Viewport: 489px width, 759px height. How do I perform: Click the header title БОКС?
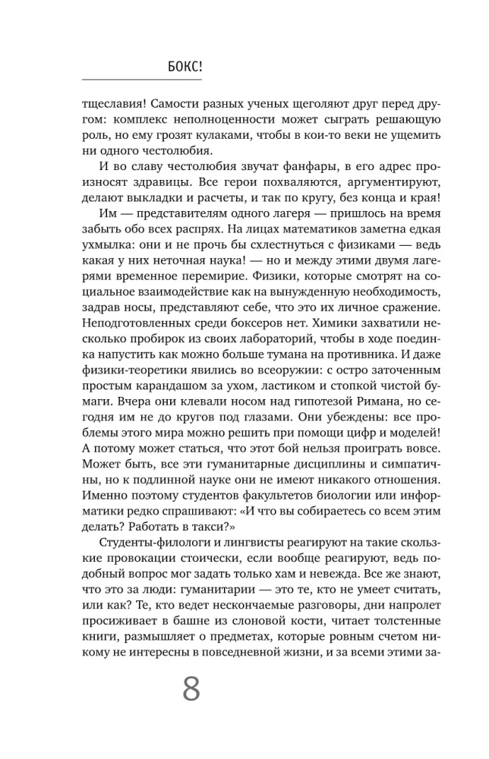click(184, 67)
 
